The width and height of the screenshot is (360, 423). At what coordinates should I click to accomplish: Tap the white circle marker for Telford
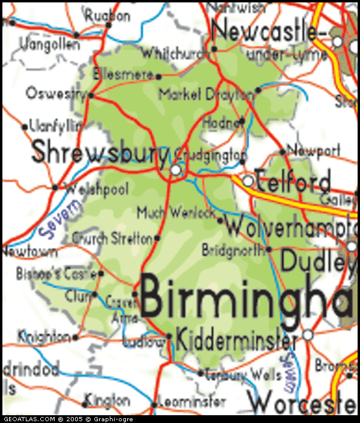click(x=248, y=181)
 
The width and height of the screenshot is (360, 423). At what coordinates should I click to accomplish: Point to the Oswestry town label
click(x=57, y=94)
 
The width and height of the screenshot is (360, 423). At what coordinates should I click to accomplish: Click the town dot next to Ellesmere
click(x=158, y=76)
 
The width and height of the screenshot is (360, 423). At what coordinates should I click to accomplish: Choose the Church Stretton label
click(x=112, y=238)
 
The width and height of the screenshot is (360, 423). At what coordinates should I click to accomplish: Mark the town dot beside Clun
click(x=94, y=294)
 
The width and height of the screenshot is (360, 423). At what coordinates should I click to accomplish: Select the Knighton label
click(x=44, y=337)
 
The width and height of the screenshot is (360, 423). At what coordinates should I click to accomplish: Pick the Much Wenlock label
click(x=176, y=212)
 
